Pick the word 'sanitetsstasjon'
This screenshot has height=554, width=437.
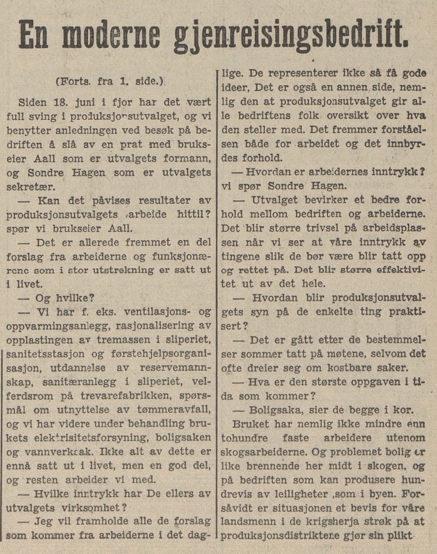tap(46, 354)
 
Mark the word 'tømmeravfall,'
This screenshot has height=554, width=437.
tap(174, 409)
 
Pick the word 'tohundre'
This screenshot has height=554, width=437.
tap(245, 438)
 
